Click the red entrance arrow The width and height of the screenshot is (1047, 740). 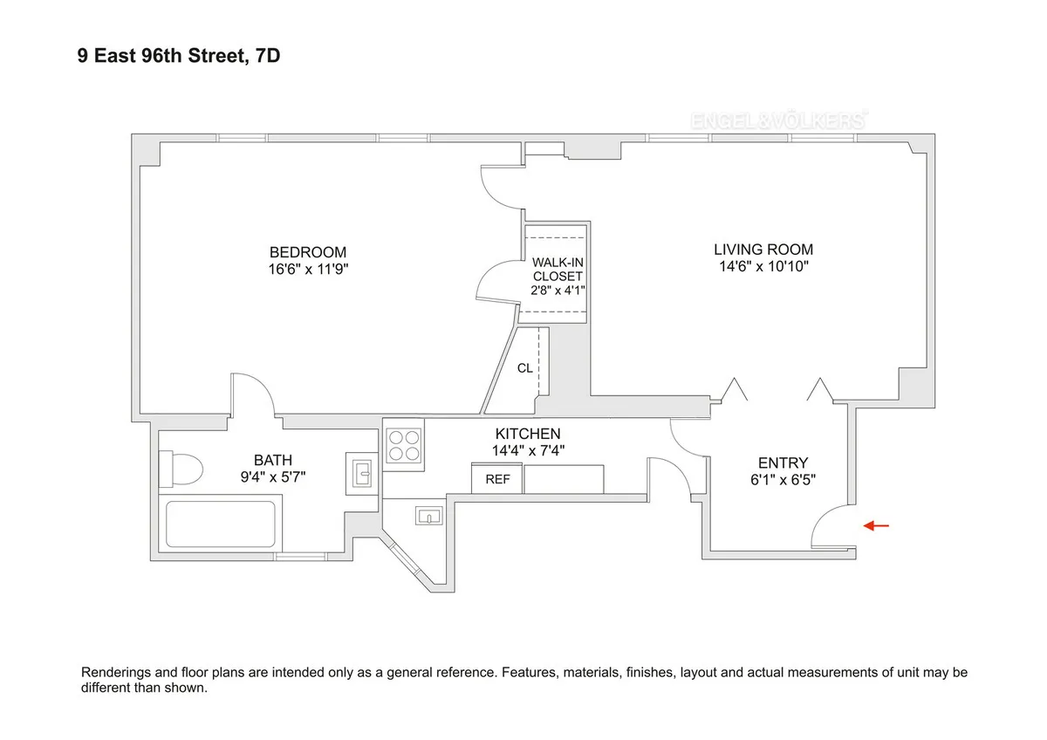pyautogui.click(x=876, y=525)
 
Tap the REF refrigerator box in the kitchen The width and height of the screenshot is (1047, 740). pyautogui.click(x=497, y=479)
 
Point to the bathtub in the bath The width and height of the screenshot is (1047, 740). pyautogui.click(x=221, y=524)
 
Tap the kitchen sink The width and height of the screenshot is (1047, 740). pyautogui.click(x=429, y=517)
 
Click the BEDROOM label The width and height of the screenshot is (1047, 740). pyautogui.click(x=307, y=252)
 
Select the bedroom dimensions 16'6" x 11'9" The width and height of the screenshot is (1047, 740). pyautogui.click(x=307, y=269)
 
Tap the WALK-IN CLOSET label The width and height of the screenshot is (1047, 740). pyautogui.click(x=557, y=270)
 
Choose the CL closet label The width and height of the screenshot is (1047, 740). pyautogui.click(x=524, y=368)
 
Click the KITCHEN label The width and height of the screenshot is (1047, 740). pyautogui.click(x=528, y=434)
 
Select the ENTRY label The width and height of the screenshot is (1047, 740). pyautogui.click(x=783, y=462)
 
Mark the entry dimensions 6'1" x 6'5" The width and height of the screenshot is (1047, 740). pyautogui.click(x=783, y=478)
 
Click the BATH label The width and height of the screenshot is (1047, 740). pyautogui.click(x=273, y=460)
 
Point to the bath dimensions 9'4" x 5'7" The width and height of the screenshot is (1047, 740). pyautogui.click(x=273, y=476)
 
